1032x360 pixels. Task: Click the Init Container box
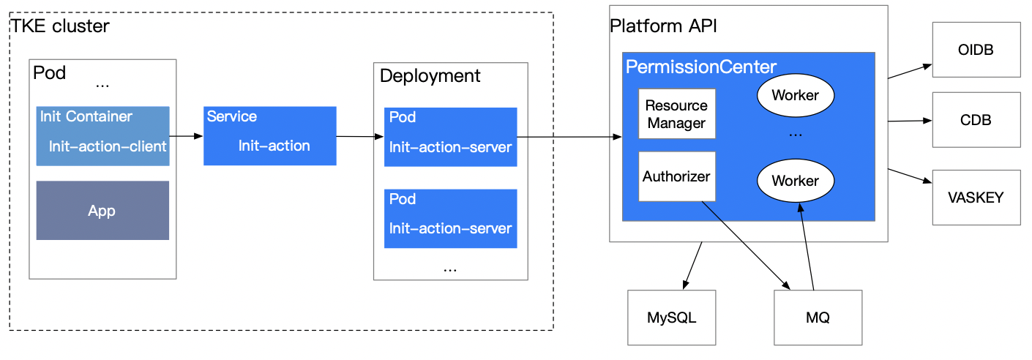click(x=102, y=136)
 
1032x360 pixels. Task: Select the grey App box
click(x=102, y=211)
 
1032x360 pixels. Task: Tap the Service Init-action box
click(x=270, y=136)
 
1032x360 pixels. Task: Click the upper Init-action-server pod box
click(x=451, y=137)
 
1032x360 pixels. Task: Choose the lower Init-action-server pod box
click(x=451, y=219)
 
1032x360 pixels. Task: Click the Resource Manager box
click(x=677, y=113)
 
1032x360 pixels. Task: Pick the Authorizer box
click(x=677, y=176)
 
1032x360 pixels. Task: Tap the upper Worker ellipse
click(x=796, y=95)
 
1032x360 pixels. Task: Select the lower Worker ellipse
click(x=796, y=181)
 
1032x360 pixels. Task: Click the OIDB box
click(x=976, y=50)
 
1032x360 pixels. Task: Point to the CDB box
click(x=976, y=120)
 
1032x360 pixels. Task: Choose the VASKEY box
click(x=976, y=198)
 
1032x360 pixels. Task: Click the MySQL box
click(x=672, y=318)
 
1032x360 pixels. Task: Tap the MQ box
click(x=818, y=318)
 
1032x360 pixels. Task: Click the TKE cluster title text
click(x=60, y=26)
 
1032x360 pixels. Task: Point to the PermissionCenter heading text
click(x=700, y=67)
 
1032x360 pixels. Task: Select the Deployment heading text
click(x=430, y=76)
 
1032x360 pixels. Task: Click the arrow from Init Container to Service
click(x=186, y=136)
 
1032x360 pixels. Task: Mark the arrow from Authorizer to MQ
click(x=746, y=245)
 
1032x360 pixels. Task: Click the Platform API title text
click(x=663, y=26)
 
